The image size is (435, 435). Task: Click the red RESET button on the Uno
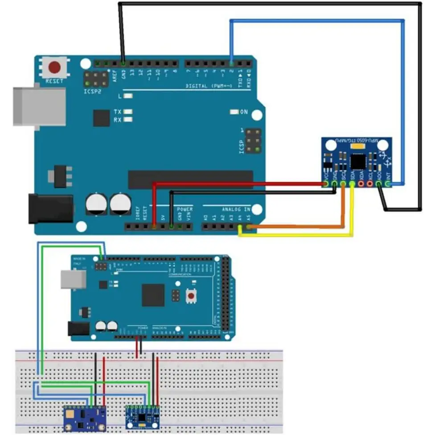54,68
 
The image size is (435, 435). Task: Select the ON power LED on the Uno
243,112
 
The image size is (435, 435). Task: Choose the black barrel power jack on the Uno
50,208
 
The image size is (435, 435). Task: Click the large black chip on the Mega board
153,295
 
